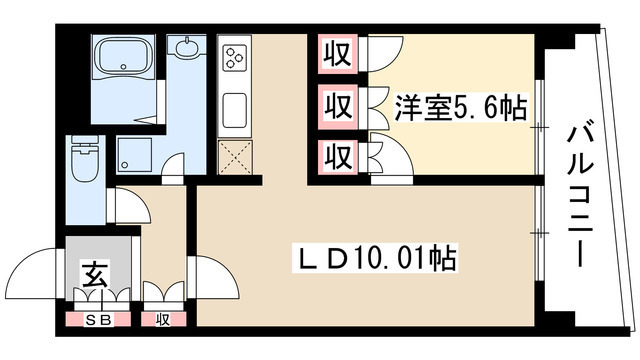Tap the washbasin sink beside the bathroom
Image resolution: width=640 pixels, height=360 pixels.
pyautogui.click(x=185, y=50)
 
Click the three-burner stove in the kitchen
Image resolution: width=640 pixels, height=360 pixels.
pyautogui.click(x=233, y=57)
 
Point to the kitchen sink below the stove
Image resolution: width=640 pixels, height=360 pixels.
pyautogui.click(x=234, y=105)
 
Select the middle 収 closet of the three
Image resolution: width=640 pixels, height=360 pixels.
pyautogui.click(x=337, y=105)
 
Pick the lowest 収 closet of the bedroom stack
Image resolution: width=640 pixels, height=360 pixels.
pyautogui.click(x=337, y=155)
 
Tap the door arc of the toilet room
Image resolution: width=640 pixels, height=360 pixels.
pyautogui.click(x=122, y=205)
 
